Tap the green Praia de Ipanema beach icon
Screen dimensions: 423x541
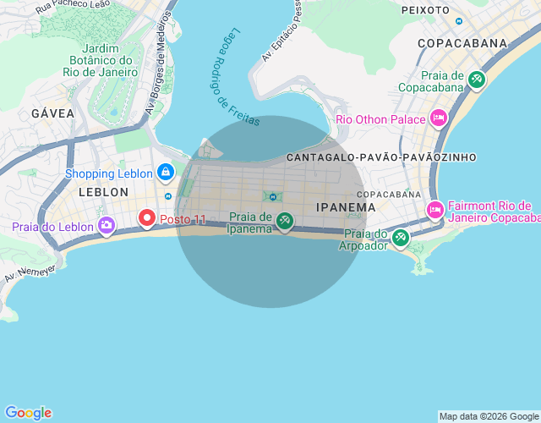pyautogui.click(x=285, y=222)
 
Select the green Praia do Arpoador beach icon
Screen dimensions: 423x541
pyautogui.click(x=401, y=239)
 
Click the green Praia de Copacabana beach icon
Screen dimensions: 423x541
pyautogui.click(x=477, y=80)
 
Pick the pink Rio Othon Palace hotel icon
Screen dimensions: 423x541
pyautogui.click(x=439, y=118)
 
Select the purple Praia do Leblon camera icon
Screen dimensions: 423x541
pyautogui.click(x=107, y=225)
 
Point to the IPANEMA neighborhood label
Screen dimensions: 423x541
pyautogui.click(x=346, y=207)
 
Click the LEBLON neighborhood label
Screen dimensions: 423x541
pyautogui.click(x=103, y=192)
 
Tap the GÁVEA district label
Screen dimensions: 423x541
pyautogui.click(x=52, y=113)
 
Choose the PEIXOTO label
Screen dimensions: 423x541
pyautogui.click(x=425, y=10)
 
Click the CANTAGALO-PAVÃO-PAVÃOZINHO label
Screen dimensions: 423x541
pyautogui.click(x=381, y=157)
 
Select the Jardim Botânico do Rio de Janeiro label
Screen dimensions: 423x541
pyautogui.click(x=99, y=60)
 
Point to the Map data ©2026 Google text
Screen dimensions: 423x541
pyautogui.click(x=489, y=416)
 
